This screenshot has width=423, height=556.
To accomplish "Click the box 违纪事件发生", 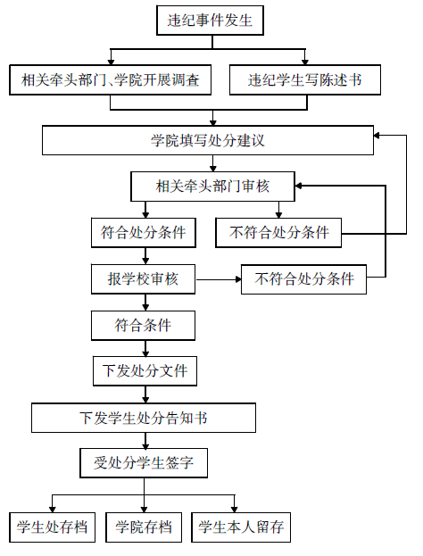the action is click(x=210, y=21).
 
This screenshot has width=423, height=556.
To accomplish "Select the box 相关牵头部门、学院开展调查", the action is click(x=111, y=79).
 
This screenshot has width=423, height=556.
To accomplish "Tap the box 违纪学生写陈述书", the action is click(x=305, y=79).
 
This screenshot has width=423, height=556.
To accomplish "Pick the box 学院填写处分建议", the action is click(x=208, y=140).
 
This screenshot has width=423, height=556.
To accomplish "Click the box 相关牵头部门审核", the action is click(x=212, y=187).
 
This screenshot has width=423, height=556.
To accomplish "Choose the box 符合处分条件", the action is click(x=144, y=233).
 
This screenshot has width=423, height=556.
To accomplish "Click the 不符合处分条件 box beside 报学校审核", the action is click(x=304, y=279).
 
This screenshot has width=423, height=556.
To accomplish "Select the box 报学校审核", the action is click(x=144, y=279).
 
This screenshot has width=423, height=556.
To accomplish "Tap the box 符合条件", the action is click(x=144, y=326).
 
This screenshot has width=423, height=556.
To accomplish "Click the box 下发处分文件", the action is click(x=145, y=371).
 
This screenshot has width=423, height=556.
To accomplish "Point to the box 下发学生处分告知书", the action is click(x=144, y=418).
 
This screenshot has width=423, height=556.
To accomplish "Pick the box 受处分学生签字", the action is click(x=144, y=463).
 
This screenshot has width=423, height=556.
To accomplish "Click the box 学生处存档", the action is click(x=52, y=527).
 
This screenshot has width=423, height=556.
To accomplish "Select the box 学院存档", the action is click(x=144, y=527).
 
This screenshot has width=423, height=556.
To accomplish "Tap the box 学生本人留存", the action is click(x=241, y=527).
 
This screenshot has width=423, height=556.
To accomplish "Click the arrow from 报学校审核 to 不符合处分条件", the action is click(x=219, y=279).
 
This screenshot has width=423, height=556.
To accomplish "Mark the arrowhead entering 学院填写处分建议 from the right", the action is click(x=377, y=136).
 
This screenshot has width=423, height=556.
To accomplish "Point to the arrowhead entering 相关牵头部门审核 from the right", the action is click(x=298, y=186).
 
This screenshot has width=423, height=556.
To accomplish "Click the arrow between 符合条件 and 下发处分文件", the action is click(x=145, y=349).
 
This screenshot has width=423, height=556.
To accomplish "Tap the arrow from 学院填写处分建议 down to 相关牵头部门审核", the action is click(x=212, y=163).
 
